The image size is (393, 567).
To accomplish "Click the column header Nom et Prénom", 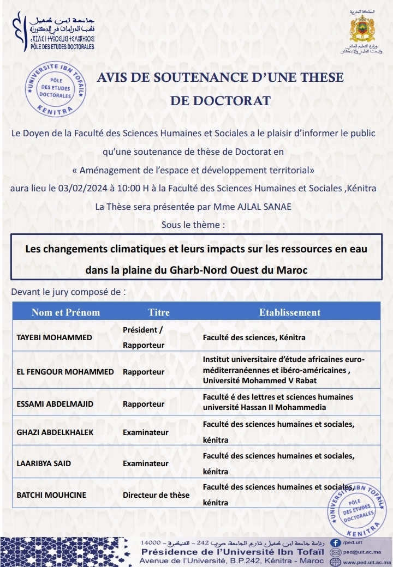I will pos(66,312).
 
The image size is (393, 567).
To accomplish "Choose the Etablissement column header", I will pos(290,312).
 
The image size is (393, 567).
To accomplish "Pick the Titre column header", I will pos(159,312).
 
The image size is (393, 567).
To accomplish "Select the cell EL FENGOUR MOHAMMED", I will pos(65,372).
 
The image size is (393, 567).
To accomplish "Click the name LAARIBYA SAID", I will pos(44,463).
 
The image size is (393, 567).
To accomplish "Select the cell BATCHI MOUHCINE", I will pos(52,495).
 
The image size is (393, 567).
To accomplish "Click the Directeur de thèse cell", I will pos(156,495).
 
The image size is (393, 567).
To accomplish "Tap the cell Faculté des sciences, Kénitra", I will pos(254,337).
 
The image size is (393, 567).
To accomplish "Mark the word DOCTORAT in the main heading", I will pos(221,101).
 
